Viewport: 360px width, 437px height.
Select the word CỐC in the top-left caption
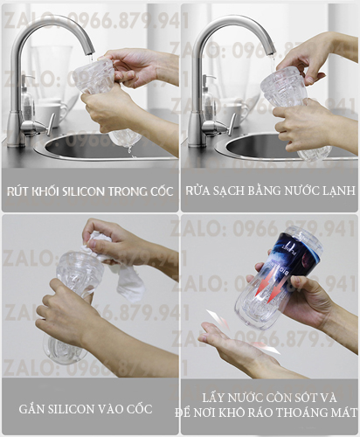pos(162,191)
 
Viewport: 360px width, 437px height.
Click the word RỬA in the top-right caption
pos(197,191)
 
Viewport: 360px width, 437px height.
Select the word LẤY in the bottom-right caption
pos(213,398)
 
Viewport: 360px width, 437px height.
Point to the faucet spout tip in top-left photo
pos(90,52)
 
